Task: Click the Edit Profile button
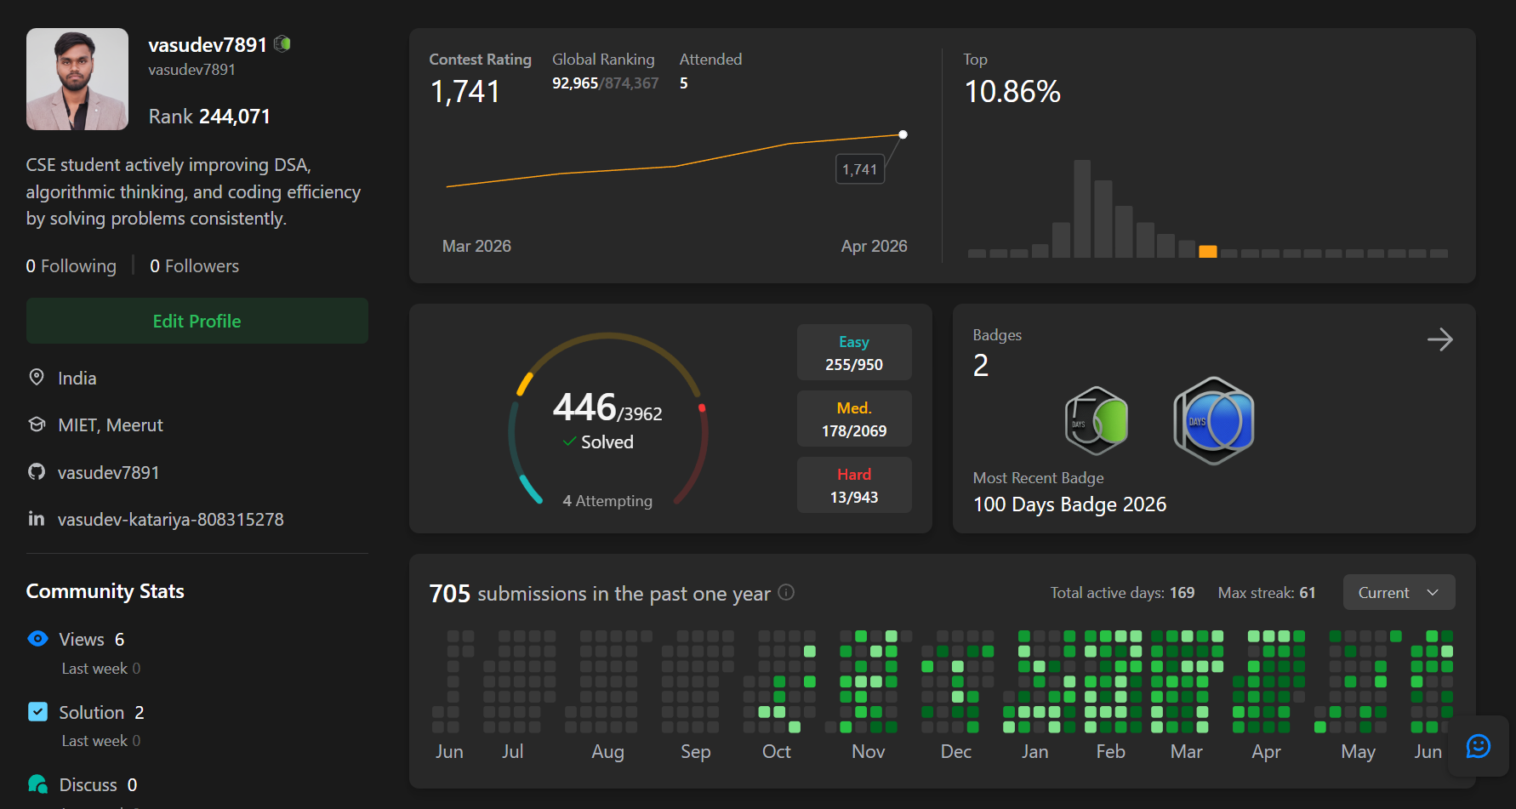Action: click(x=197, y=321)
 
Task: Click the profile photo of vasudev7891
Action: click(x=77, y=79)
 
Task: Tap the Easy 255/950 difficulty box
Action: click(x=854, y=352)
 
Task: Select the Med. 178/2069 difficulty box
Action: click(x=854, y=419)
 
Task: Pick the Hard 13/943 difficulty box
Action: click(x=854, y=485)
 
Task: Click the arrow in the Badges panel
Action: click(x=1440, y=339)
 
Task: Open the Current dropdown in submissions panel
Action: click(x=1399, y=592)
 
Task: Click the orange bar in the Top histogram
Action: click(x=1207, y=251)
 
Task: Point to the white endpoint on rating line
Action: click(x=903, y=134)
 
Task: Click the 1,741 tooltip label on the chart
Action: click(x=859, y=169)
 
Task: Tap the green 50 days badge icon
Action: click(x=1097, y=420)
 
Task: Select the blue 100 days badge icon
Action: click(x=1214, y=420)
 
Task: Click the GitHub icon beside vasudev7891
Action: click(x=37, y=471)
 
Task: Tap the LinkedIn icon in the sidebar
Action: click(x=37, y=518)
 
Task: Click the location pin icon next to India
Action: click(x=37, y=377)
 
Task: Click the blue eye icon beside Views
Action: click(x=38, y=638)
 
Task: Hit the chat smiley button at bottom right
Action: click(x=1479, y=746)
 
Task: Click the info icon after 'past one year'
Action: click(x=787, y=592)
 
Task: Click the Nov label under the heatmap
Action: click(x=869, y=751)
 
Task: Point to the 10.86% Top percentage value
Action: click(x=1012, y=92)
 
